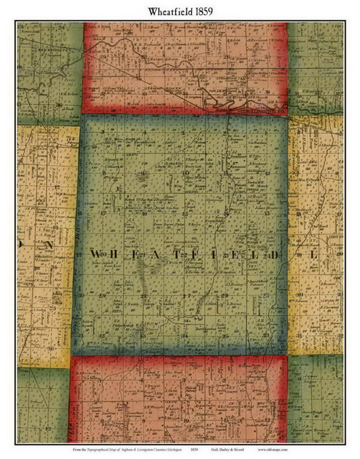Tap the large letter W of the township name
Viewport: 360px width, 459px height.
(x=96, y=253)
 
